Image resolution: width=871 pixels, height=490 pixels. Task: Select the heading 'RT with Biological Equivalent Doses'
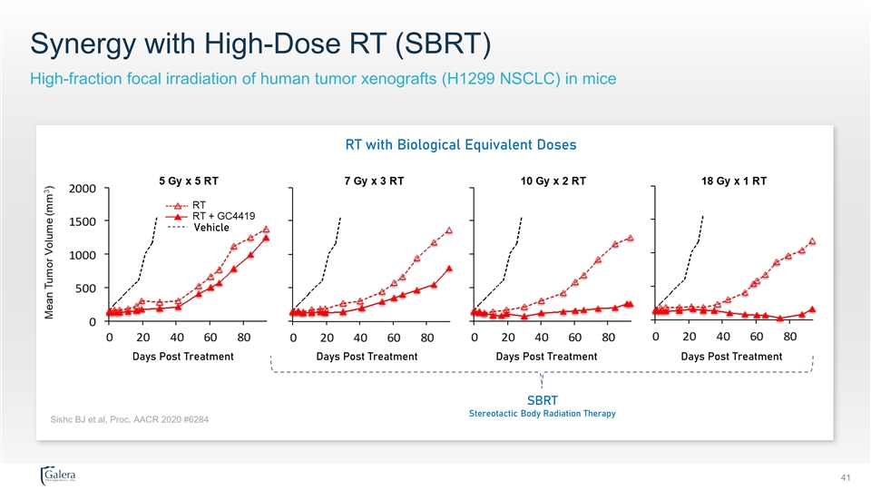pyautogui.click(x=461, y=144)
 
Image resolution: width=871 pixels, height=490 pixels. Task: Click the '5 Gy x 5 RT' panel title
pyautogui.click(x=189, y=181)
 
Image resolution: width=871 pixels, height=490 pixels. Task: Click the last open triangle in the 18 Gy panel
pyautogui.click(x=812, y=241)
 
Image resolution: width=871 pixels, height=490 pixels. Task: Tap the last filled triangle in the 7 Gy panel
pyautogui.click(x=449, y=269)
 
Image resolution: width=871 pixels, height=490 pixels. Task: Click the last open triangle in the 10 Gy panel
pyautogui.click(x=630, y=238)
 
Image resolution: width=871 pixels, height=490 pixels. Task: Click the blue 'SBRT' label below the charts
pyautogui.click(x=542, y=399)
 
